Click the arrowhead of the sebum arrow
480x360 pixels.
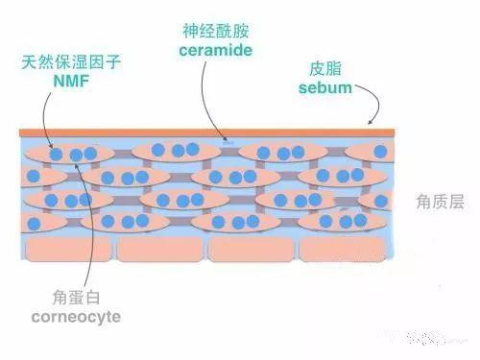click(x=372, y=125)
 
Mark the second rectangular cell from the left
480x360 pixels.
click(x=160, y=249)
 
